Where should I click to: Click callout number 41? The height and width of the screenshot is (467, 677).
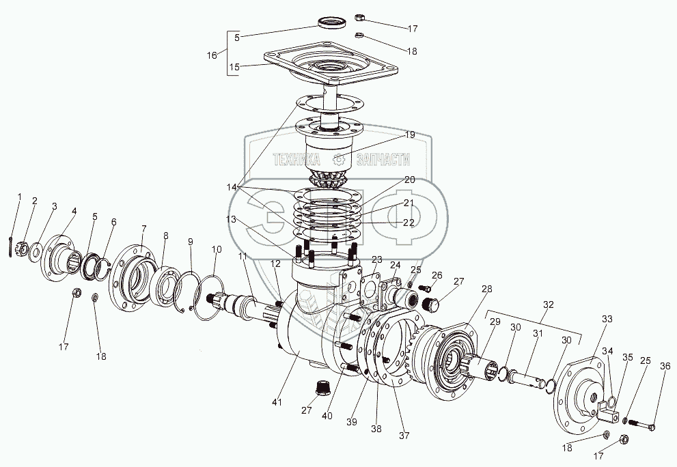pyautogui.click(x=276, y=403)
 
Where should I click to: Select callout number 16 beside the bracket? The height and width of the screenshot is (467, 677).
pyautogui.click(x=211, y=54)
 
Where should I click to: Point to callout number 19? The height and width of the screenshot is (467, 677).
pyautogui.click(x=409, y=135)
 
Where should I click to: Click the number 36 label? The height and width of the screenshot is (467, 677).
pyautogui.click(x=665, y=366)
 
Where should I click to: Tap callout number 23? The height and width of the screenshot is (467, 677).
pyautogui.click(x=377, y=259)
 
